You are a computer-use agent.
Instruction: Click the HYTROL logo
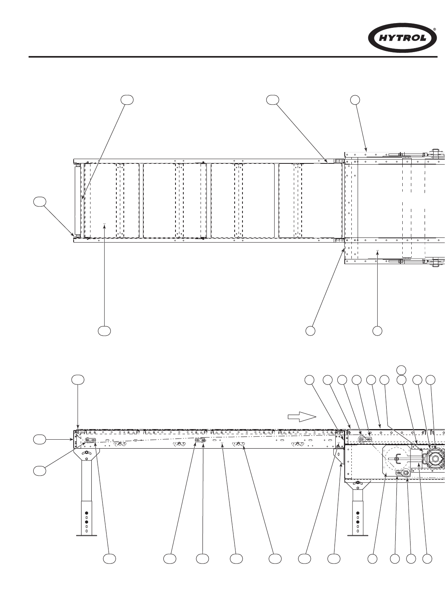(x=403, y=38)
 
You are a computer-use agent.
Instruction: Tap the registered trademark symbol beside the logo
(x=434, y=29)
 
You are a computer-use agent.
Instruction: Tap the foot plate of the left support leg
(x=87, y=535)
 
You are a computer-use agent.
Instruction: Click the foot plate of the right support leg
(x=358, y=535)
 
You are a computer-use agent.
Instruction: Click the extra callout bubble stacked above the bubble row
(x=401, y=369)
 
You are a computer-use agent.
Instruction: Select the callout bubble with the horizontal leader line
(x=39, y=439)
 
